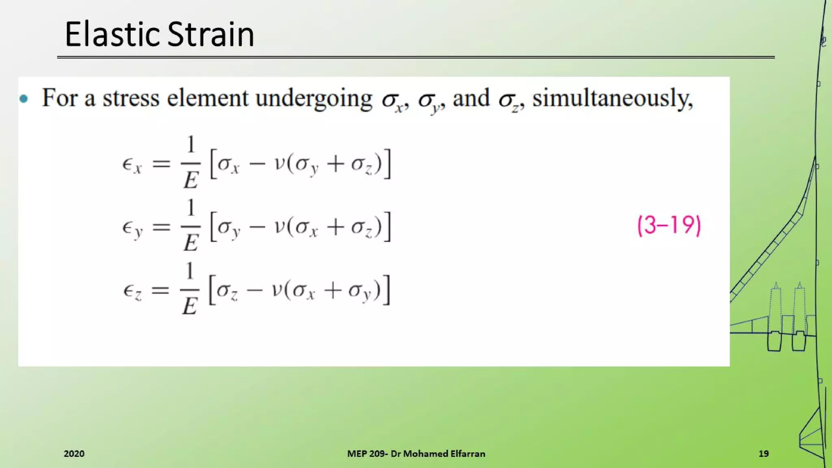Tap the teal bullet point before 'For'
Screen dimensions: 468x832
(x=24, y=99)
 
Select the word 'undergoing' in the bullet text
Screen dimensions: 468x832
(x=314, y=99)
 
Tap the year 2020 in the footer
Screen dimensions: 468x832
(x=74, y=454)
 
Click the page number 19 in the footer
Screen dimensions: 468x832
(x=763, y=454)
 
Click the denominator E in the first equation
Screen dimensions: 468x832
(x=191, y=180)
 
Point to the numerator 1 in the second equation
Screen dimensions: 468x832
(x=191, y=208)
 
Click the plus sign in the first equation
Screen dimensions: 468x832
(x=336, y=164)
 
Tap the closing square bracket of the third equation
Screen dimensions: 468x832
(x=387, y=290)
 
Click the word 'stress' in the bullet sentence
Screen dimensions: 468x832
(x=131, y=98)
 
